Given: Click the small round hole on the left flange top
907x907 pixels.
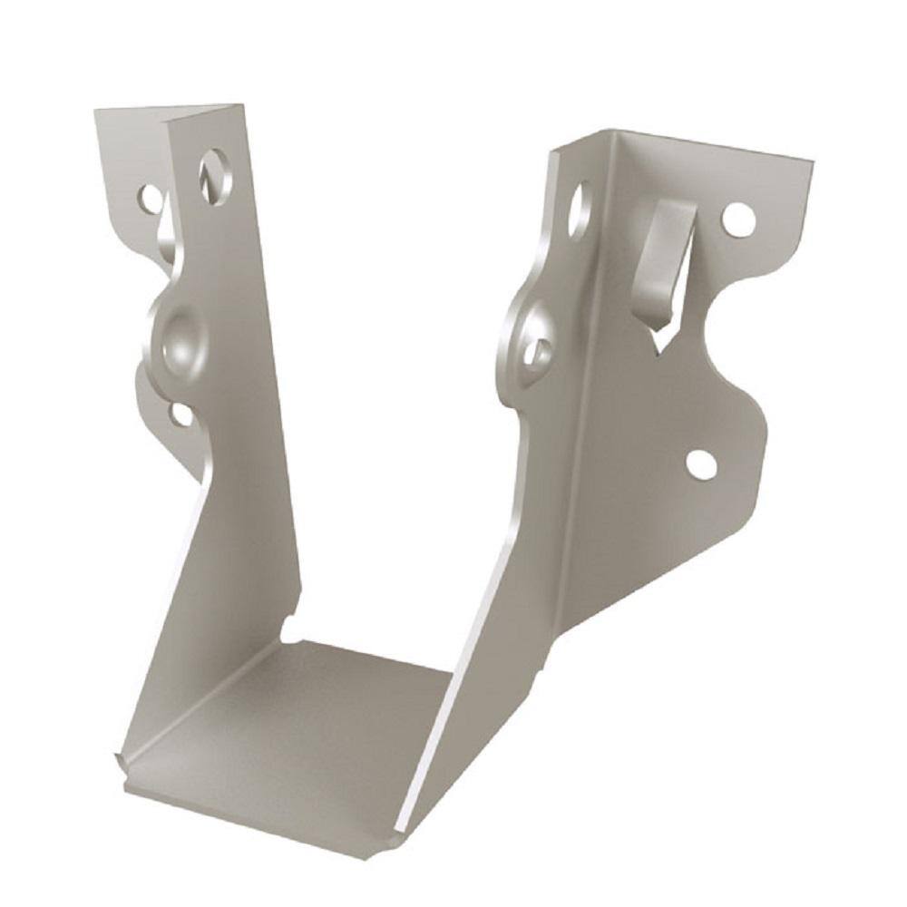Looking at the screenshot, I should tap(150, 196).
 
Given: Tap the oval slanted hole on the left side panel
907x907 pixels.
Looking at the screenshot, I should tap(215, 176).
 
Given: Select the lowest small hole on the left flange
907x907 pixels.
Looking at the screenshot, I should tap(180, 414).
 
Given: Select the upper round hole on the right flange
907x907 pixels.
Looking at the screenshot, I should tap(737, 219).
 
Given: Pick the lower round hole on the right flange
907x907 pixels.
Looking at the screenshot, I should tap(701, 463).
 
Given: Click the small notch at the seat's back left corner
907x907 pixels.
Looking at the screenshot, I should tap(288, 628).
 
